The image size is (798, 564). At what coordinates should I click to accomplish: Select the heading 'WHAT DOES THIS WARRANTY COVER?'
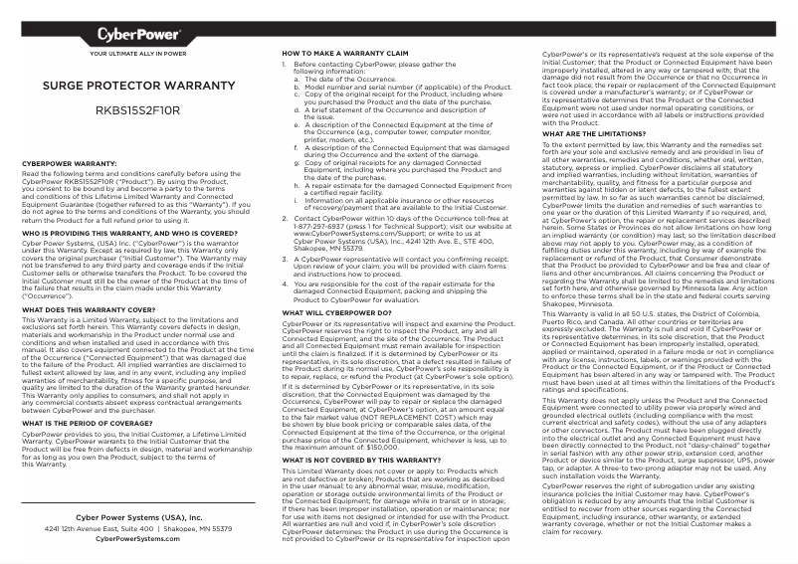coord(85,310)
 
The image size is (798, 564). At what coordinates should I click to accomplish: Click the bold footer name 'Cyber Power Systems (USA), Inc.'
coord(138,517)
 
